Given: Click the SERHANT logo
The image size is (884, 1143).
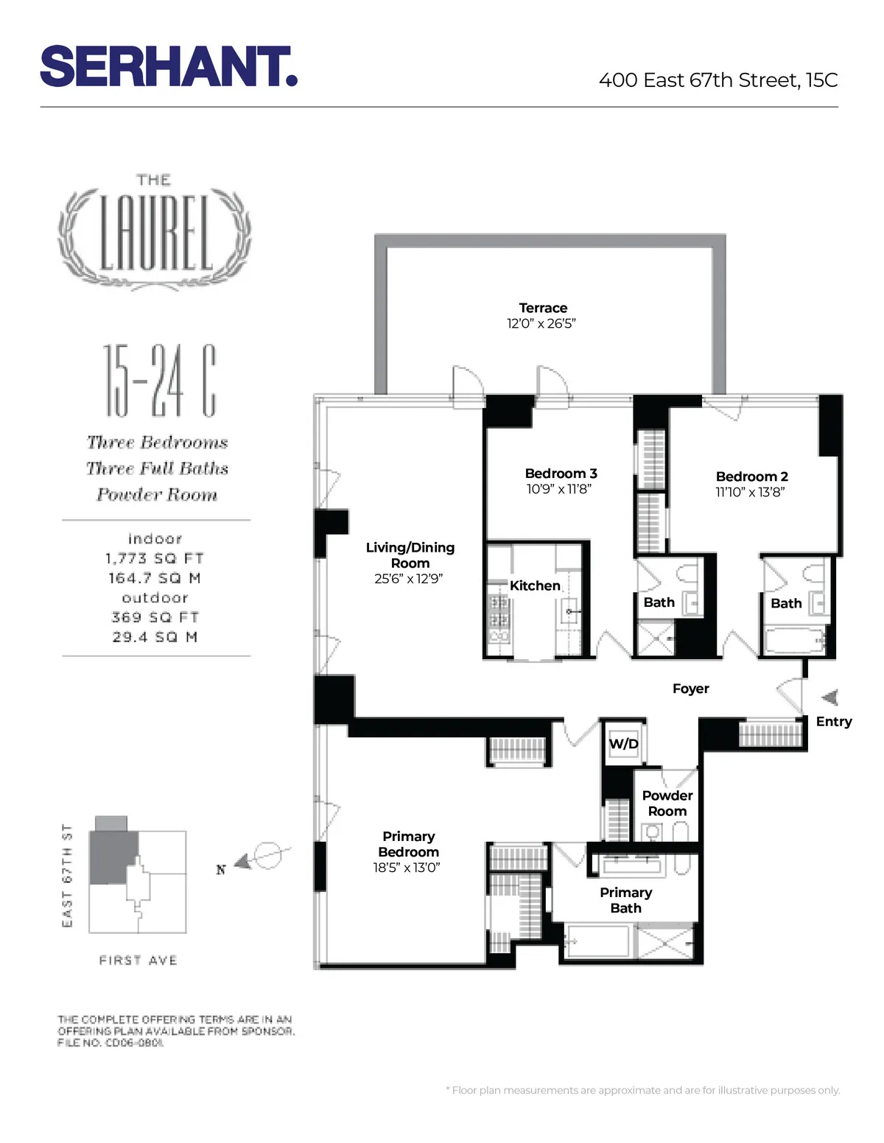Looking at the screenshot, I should click(168, 67).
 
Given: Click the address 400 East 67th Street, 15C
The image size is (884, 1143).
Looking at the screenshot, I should click(718, 80).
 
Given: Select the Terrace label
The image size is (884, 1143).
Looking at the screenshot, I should click(543, 308).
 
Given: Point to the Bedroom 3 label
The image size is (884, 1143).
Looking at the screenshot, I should click(561, 474).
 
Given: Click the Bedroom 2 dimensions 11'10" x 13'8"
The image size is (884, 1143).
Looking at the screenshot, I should click(750, 492).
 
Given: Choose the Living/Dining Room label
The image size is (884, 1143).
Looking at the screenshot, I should click(410, 555).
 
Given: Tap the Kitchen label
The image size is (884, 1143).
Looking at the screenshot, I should click(535, 585).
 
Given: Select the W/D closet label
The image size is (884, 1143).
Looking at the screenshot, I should click(623, 744).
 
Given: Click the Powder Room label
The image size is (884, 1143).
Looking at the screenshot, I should click(667, 803).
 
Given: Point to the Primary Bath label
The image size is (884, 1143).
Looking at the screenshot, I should click(625, 900).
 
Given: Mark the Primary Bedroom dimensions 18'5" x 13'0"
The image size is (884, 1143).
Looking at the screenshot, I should click(407, 868).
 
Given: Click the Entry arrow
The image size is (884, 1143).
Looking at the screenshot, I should click(830, 697).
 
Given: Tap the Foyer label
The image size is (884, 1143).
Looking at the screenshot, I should click(690, 689).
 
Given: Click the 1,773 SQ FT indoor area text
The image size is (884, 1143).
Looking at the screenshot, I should click(155, 559).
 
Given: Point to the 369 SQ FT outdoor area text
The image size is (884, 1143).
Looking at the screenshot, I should click(155, 617).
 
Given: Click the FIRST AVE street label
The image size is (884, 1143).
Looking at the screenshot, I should click(138, 960).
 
